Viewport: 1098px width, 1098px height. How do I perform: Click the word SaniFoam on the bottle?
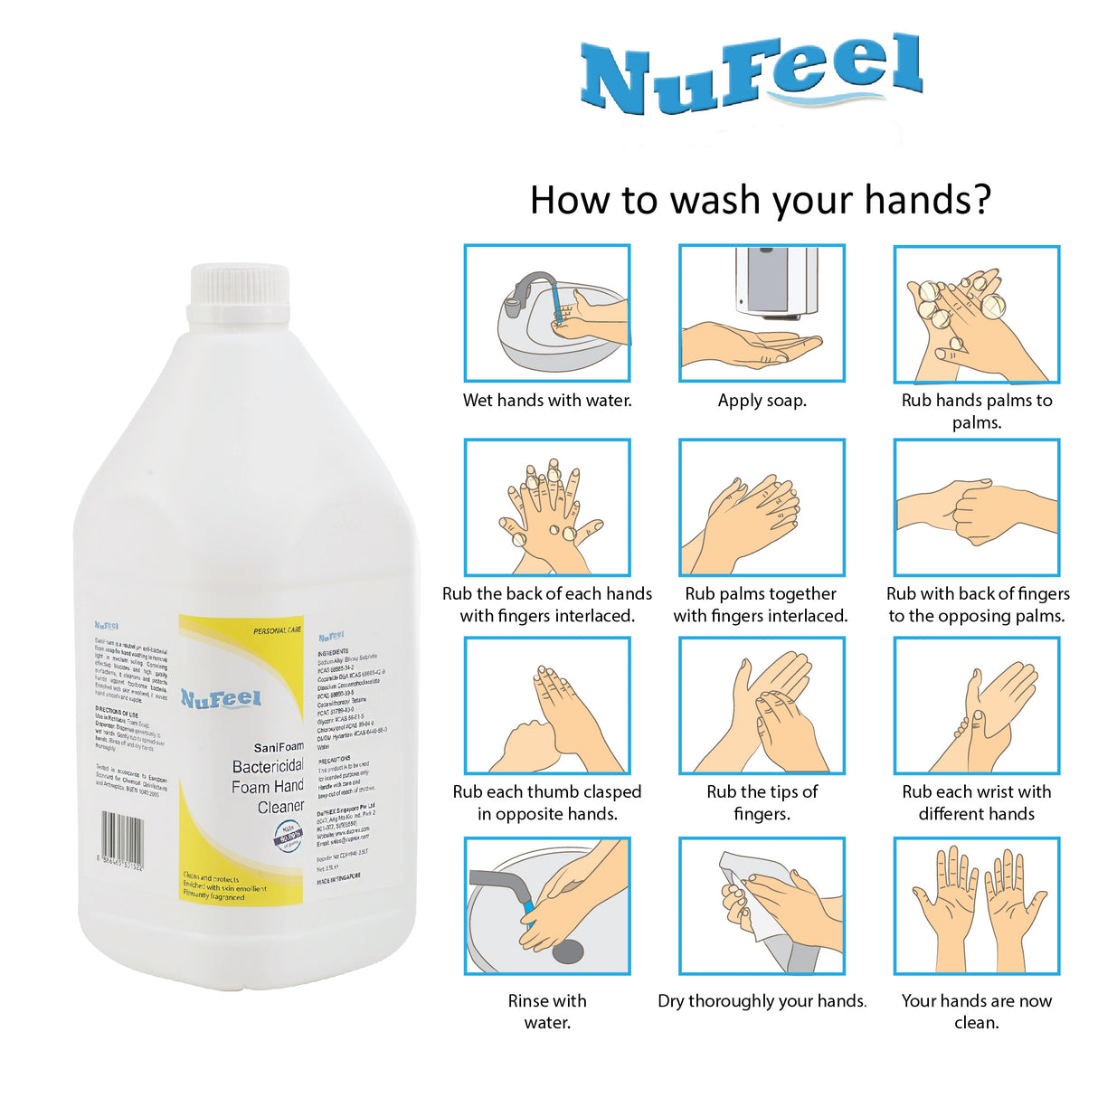(x=279, y=747)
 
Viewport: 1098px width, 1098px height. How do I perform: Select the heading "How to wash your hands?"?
(x=760, y=200)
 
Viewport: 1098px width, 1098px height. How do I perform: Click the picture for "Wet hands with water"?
(x=547, y=313)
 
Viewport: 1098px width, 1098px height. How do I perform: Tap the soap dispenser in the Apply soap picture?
(x=776, y=282)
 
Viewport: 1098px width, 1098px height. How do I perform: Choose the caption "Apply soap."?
(x=762, y=401)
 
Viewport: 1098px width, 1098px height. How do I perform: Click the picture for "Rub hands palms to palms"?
(x=976, y=314)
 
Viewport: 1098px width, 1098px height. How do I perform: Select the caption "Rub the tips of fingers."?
(x=762, y=802)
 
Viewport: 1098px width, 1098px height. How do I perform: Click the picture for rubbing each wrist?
(x=976, y=705)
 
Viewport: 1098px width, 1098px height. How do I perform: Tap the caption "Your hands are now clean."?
(x=976, y=1011)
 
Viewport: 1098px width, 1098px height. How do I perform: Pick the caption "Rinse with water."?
(x=547, y=1011)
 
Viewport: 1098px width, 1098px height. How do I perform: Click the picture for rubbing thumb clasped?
(x=547, y=705)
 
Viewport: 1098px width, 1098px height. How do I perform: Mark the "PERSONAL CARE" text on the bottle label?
(x=277, y=630)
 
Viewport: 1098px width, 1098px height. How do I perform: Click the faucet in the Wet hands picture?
(x=529, y=288)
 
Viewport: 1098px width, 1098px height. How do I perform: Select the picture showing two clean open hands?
(x=976, y=905)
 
